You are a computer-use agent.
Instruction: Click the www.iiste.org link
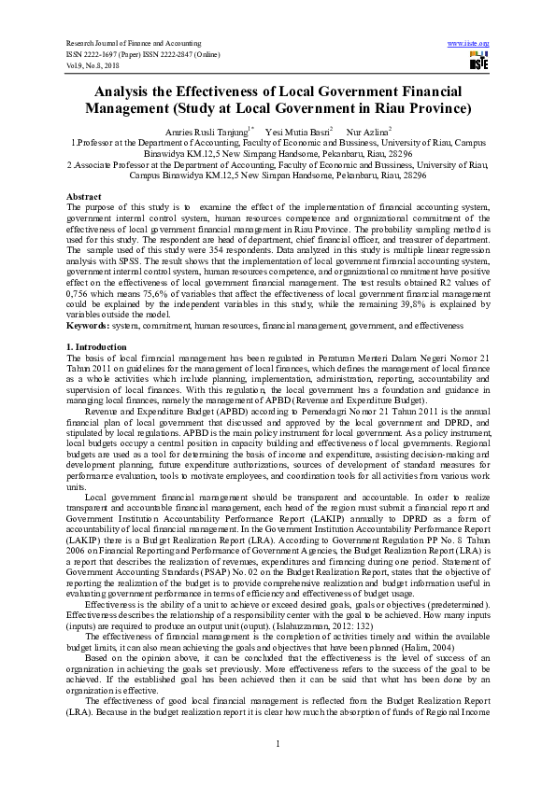pos(468,43)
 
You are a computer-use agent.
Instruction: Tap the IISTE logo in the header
pos(478,61)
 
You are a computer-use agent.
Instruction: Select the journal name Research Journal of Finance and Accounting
pos(132,43)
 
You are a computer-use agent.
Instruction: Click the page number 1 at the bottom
pos(278,743)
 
